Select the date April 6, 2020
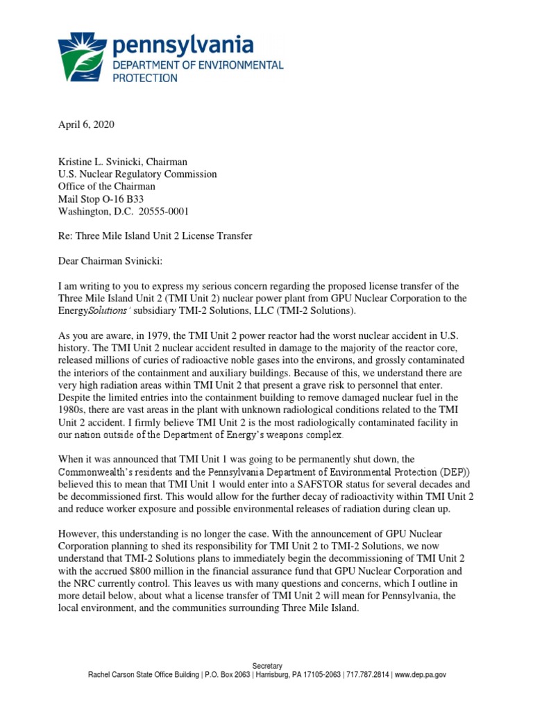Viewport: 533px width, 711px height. tap(85, 126)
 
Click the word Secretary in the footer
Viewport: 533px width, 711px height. tap(266, 665)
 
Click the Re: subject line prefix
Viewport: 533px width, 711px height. tap(65, 236)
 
